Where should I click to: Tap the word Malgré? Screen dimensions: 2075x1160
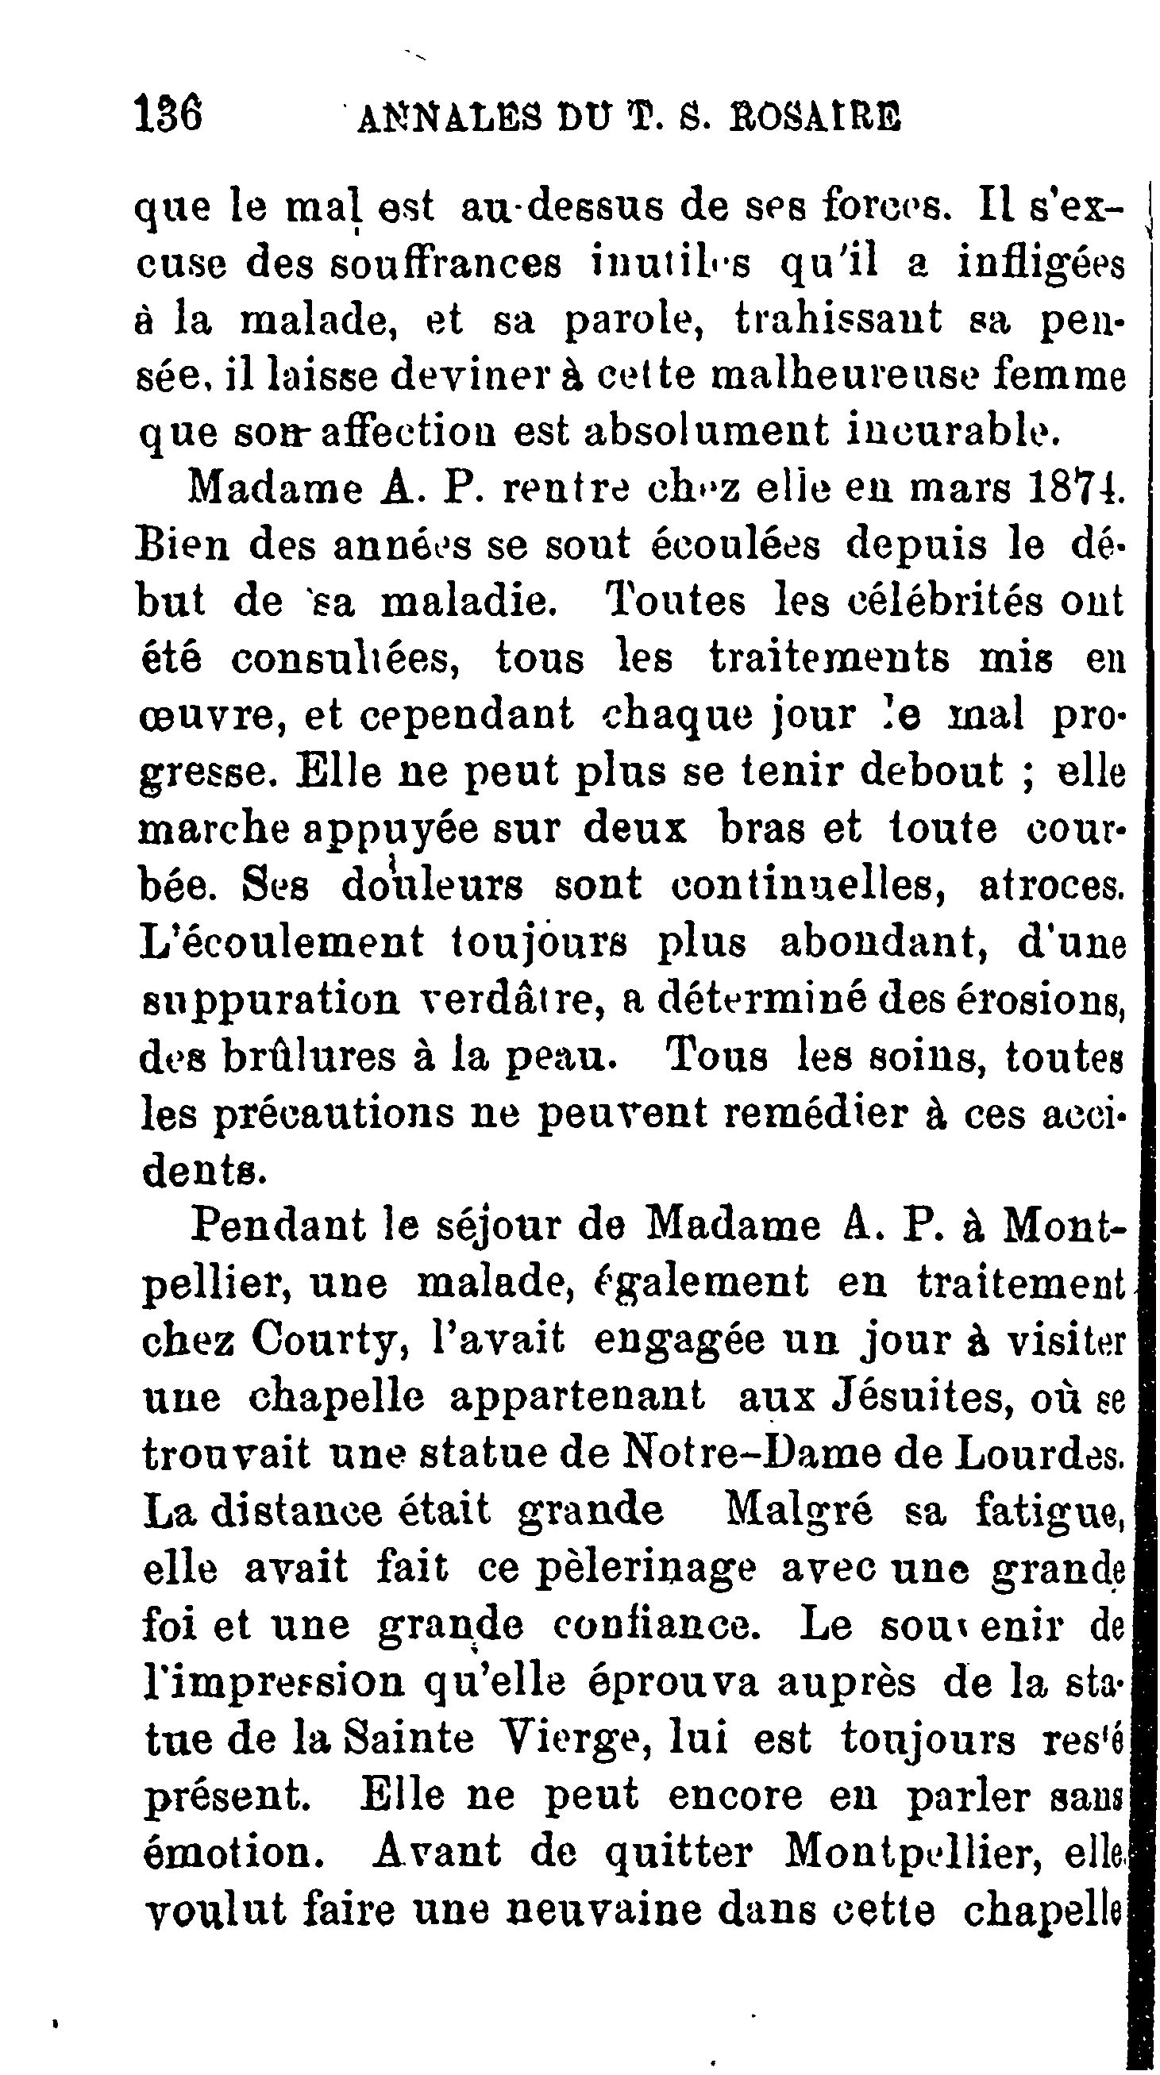click(x=798, y=1511)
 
